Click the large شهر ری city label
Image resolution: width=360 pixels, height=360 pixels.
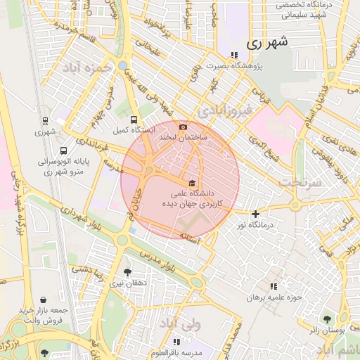point(267,42)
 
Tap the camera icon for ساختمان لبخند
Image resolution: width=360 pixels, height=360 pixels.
point(184,127)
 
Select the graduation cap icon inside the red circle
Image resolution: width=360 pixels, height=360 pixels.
point(193,182)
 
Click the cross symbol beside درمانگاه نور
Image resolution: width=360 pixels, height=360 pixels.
point(255,214)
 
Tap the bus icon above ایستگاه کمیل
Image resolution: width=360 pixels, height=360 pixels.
point(134,120)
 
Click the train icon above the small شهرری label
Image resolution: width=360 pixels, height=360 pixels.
point(46,121)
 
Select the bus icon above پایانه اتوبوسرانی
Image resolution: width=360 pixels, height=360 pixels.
point(64,150)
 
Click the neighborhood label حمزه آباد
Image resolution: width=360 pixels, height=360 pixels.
point(88,69)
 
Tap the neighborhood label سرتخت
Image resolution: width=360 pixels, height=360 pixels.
point(300,181)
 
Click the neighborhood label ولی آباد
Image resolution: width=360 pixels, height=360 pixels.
point(179,324)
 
